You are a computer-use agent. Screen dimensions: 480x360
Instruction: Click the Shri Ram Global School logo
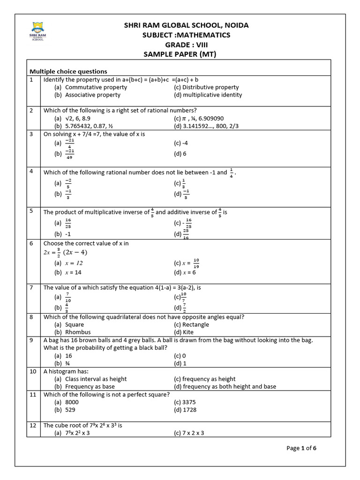pyautogui.click(x=37, y=31)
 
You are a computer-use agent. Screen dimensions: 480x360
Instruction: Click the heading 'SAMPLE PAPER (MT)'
pyautogui.click(x=180, y=54)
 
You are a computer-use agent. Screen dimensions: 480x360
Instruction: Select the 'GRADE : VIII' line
pyautogui.click(x=180, y=45)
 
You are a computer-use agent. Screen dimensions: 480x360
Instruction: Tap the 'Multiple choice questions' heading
pyautogui.click(x=68, y=71)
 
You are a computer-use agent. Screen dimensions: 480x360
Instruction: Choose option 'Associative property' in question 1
pyautogui.click(x=92, y=95)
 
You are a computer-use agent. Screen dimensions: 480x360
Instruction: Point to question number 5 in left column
pyautogui.click(x=31, y=211)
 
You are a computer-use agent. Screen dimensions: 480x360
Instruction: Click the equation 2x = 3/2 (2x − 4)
pyautogui.click(x=66, y=253)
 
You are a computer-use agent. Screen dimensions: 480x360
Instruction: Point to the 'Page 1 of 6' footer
pyautogui.click(x=301, y=448)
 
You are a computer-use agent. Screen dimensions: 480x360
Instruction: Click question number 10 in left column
pyautogui.click(x=33, y=371)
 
